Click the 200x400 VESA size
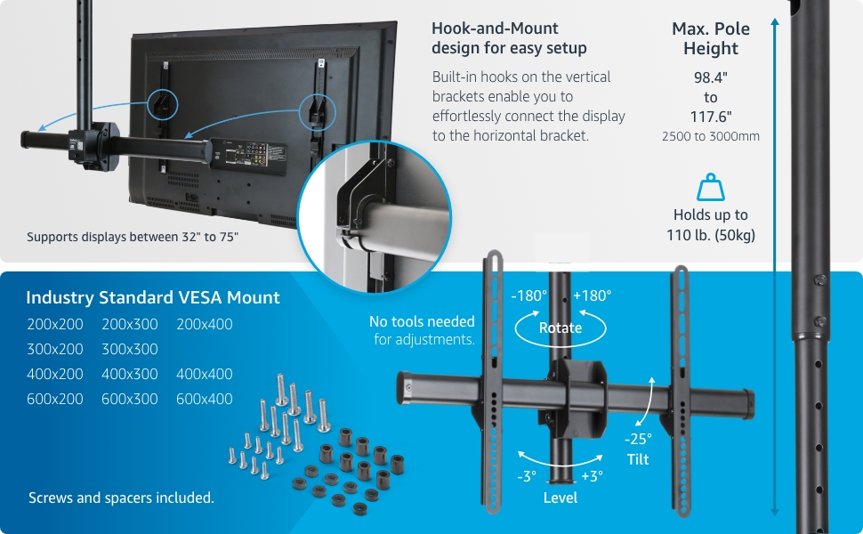pos(204,324)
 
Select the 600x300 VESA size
pos(129,399)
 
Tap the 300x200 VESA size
pos(54,349)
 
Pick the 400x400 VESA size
pos(204,374)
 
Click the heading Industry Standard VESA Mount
pos(153,297)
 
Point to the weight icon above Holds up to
pos(711,188)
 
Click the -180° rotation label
pos(528,295)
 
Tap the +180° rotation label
pos(592,295)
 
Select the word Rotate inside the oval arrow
pos(561,328)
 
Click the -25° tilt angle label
pos(637,439)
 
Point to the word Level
pos(561,498)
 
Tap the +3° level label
pos(592,476)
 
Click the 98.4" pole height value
pos(711,77)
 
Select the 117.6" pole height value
pos(711,117)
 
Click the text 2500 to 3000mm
pos(711,137)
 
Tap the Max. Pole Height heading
pos(711,38)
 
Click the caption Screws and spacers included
pos(121,498)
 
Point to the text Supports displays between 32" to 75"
pos(133,237)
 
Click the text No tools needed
pos(422,321)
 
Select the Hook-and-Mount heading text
pos(509,37)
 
